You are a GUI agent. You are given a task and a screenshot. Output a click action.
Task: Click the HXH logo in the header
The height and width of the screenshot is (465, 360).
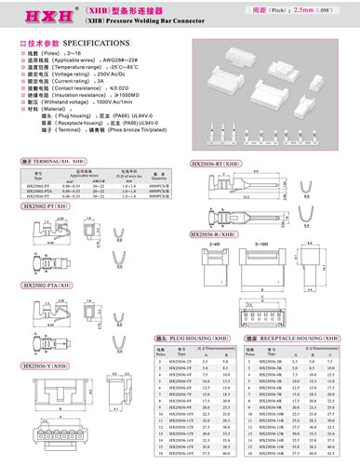point(40,16)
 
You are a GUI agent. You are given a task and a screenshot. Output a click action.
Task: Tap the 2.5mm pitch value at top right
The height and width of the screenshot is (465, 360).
point(301,10)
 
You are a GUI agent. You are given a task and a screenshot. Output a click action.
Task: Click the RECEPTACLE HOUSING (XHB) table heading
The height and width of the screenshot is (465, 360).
point(282,336)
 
